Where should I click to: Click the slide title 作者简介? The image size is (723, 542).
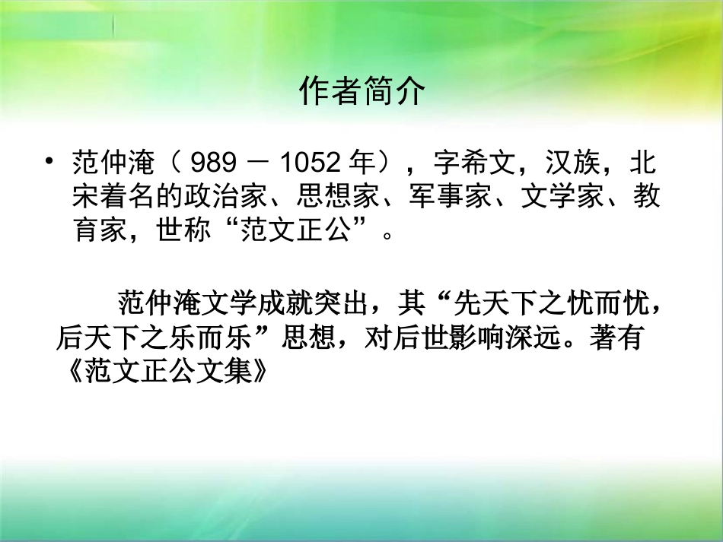(361, 91)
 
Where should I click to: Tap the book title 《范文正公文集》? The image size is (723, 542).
(164, 372)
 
